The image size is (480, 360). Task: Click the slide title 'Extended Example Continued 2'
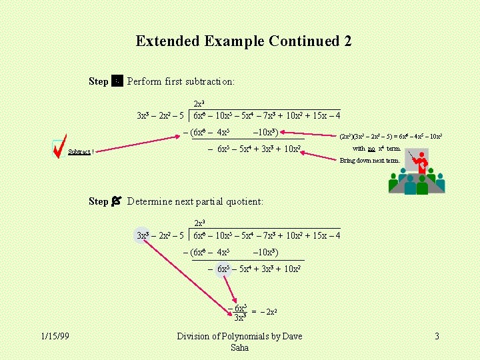click(243, 41)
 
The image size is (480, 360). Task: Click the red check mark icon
click(59, 147)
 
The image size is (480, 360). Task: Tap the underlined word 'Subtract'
click(79, 152)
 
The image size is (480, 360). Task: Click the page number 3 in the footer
click(437, 337)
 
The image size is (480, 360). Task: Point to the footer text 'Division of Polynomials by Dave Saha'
click(239, 342)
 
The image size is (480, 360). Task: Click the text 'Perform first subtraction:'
click(181, 81)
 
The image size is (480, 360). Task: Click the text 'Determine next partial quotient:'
click(195, 201)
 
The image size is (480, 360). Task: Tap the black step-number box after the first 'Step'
click(117, 81)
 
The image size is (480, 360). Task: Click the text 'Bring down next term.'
click(370, 160)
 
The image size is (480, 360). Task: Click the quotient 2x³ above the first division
click(199, 103)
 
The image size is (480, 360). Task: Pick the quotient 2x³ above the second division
click(199, 223)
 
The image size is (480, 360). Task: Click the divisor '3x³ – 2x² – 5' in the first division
click(160, 116)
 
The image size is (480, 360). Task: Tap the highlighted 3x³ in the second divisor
click(143, 235)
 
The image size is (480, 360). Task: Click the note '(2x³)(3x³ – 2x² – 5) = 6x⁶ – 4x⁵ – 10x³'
click(391, 137)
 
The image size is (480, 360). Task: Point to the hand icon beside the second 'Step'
click(117, 201)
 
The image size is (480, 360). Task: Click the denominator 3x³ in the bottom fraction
click(241, 317)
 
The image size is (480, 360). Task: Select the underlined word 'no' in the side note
click(371, 149)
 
